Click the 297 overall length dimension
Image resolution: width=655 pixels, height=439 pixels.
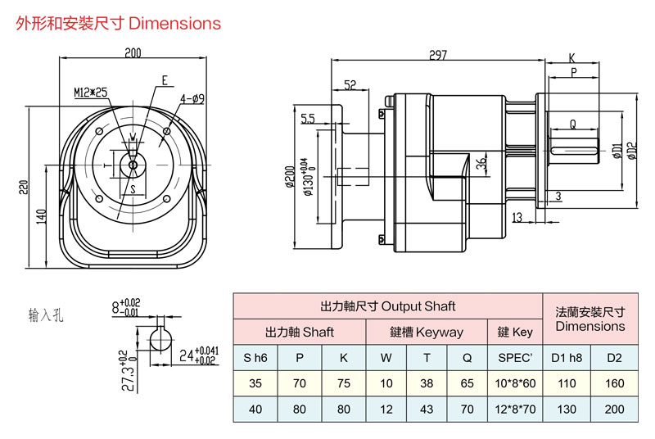pos(437,55)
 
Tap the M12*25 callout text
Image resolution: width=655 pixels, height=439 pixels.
pos(90,93)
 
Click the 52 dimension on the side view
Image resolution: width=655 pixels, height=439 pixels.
pos(350,84)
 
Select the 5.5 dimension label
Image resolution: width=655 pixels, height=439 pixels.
pos(307,120)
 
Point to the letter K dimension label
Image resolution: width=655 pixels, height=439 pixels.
pos(571,58)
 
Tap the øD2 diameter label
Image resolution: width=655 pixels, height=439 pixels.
pos(631,151)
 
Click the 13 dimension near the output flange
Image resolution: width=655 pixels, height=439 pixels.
pos(517,217)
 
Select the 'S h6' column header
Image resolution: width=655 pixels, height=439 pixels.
pos(255,358)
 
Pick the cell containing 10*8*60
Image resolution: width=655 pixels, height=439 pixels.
pos(516,383)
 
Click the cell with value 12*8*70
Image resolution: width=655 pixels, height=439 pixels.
pos(516,410)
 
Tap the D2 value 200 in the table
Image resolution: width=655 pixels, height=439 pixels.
pos(613,410)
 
